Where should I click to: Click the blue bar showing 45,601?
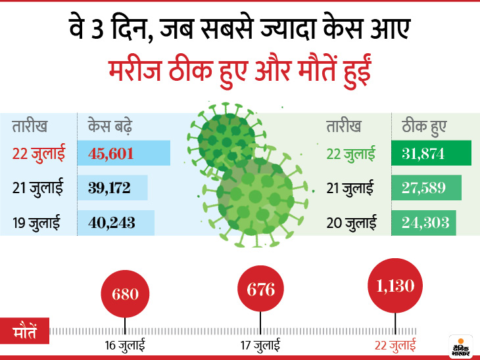click(124, 153)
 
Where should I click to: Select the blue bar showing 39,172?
click(112, 188)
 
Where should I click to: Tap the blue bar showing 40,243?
click(116, 223)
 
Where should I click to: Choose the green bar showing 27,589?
click(426, 188)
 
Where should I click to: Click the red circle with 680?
click(125, 293)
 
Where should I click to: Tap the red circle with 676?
click(260, 289)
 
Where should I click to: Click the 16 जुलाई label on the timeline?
click(125, 344)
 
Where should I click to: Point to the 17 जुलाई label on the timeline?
click(260, 344)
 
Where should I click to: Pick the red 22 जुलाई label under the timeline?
click(395, 344)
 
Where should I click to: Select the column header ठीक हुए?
click(418, 125)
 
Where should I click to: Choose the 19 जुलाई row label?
click(37, 223)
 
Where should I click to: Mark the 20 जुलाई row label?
click(352, 223)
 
